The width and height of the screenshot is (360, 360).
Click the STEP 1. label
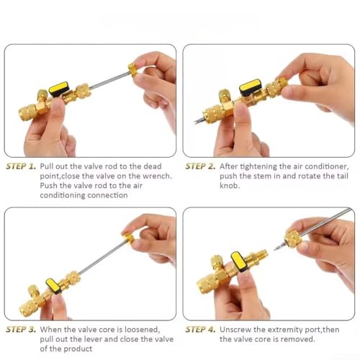(x=21, y=166)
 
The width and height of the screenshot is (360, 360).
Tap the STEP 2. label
(x=200, y=166)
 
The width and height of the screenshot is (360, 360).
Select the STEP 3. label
(x=21, y=330)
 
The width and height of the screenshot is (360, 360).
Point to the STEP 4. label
(x=200, y=330)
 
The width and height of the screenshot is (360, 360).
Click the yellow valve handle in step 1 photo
(x=59, y=89)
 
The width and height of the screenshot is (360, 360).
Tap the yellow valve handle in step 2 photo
(x=251, y=87)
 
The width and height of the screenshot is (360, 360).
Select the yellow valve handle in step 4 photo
(x=239, y=261)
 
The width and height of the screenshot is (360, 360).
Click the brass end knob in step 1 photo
(x=133, y=70)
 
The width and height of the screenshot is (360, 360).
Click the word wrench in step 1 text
(x=157, y=176)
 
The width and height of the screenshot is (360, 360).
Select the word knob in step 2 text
(x=230, y=186)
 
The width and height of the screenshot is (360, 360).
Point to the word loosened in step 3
(x=142, y=330)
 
